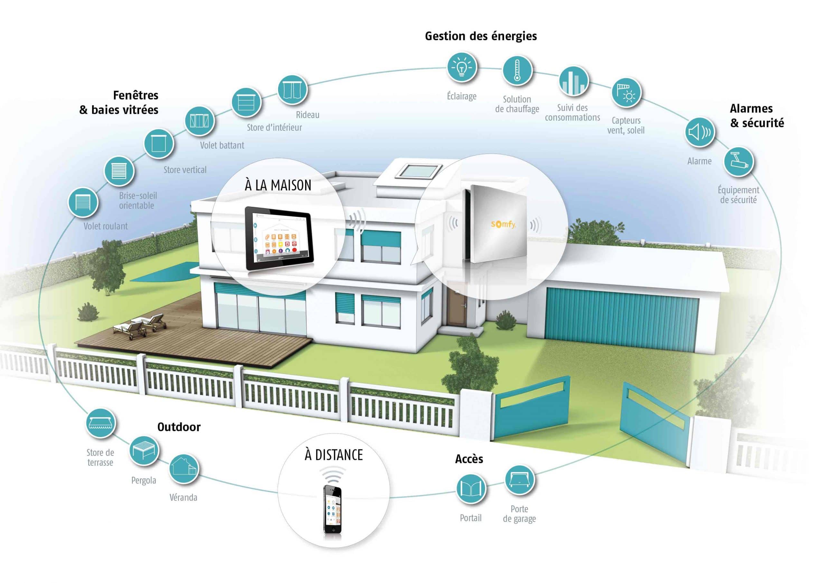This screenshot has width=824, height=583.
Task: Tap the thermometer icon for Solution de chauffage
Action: click(517, 71)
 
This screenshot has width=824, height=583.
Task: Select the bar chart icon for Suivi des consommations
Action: click(574, 81)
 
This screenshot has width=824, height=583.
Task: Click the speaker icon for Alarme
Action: click(699, 132)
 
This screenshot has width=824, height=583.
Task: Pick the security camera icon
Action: click(739, 162)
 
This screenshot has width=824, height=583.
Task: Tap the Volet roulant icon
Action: click(83, 202)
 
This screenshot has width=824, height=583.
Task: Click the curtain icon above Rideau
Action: click(293, 90)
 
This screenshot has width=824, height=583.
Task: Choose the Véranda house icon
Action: click(183, 468)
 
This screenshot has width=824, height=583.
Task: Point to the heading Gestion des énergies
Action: click(481, 36)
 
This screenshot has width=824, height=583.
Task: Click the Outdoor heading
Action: click(179, 427)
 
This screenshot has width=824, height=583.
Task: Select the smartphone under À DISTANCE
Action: click(332, 509)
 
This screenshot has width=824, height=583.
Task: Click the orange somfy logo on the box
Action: click(503, 225)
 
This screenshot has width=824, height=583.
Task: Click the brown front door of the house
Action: click(457, 305)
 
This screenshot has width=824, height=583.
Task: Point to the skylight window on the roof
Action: click(419, 171)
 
